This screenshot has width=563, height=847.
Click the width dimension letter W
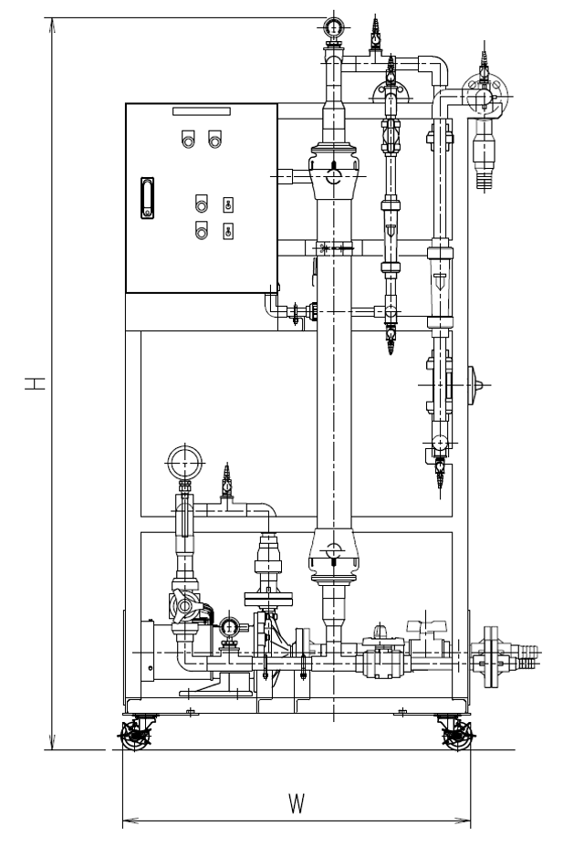click(297, 804)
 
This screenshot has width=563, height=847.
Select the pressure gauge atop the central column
click(335, 26)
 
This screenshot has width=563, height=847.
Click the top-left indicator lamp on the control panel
click(188, 140)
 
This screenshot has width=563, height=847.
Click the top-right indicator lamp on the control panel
click(215, 140)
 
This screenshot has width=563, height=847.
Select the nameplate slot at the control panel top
click(202, 111)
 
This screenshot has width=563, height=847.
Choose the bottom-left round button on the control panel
click(201, 230)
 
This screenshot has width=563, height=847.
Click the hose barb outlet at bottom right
click(527, 651)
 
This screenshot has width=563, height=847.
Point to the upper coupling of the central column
click(335, 173)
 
